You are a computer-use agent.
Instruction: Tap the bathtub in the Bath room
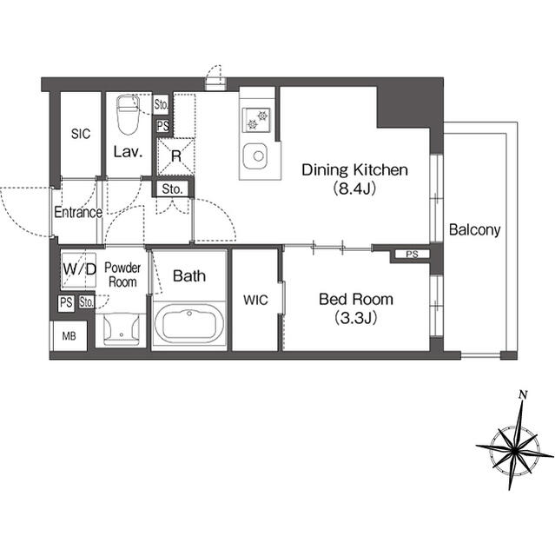pyautogui.click(x=189, y=324)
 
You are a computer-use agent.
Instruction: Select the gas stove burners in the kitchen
pyautogui.click(x=256, y=120)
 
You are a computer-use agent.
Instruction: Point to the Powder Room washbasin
pyautogui.click(x=122, y=329)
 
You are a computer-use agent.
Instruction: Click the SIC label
pyautogui.click(x=81, y=134)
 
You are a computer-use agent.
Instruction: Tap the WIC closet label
pyautogui.click(x=255, y=300)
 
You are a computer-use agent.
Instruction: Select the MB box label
pyautogui.click(x=69, y=336)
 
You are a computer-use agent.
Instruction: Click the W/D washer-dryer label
pyautogui.click(x=79, y=269)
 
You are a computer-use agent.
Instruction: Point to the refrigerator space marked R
pyautogui.click(x=175, y=156)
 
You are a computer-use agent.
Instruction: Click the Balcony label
pyautogui.click(x=474, y=230)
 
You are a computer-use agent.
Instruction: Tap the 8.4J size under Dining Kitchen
pyautogui.click(x=354, y=189)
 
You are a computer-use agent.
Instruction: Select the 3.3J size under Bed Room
pyautogui.click(x=356, y=318)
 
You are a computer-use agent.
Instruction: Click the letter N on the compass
pyautogui.click(x=523, y=394)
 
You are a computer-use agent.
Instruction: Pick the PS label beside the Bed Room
pyautogui.click(x=413, y=255)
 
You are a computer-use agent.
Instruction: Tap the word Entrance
pyautogui.click(x=78, y=212)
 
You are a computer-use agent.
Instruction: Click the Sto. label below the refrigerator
pyautogui.click(x=172, y=189)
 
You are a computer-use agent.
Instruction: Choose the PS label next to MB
pyautogui.click(x=66, y=302)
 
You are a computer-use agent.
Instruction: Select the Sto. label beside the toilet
pyautogui.click(x=162, y=104)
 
